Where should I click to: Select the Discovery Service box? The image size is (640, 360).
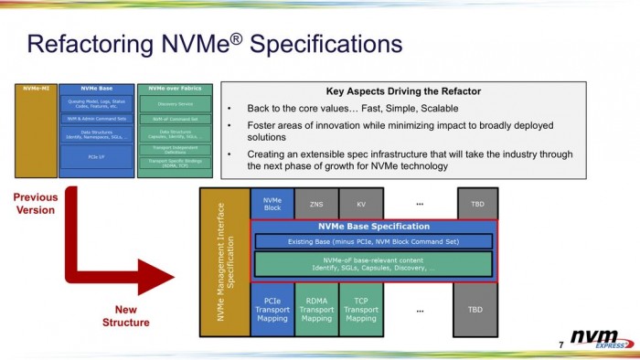174,103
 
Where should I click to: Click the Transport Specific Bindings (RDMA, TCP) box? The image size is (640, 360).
174,164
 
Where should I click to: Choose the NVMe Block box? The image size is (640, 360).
272,204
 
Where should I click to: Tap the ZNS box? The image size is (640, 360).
315,205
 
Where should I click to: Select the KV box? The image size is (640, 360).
361,205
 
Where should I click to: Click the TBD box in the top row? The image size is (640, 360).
475,205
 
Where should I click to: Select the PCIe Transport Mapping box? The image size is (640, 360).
272,309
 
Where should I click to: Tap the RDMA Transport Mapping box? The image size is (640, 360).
316,309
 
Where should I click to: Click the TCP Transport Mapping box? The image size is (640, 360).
361,309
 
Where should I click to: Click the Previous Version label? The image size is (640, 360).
36,203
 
